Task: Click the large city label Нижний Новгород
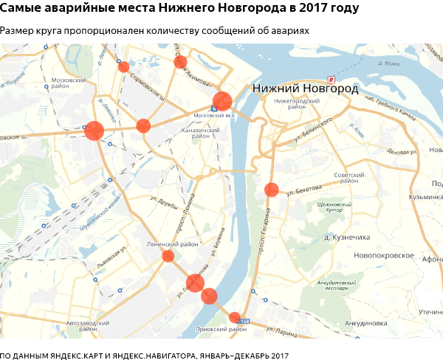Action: pos(305,89)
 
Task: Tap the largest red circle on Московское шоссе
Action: pos(94,131)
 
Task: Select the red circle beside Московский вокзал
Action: pos(222,102)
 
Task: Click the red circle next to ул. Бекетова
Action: pos(271,190)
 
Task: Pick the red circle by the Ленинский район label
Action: pos(168,256)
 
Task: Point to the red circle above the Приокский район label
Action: pos(235,317)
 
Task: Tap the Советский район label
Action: pos(349,179)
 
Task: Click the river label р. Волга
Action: pos(388,63)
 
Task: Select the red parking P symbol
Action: pos(332,79)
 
